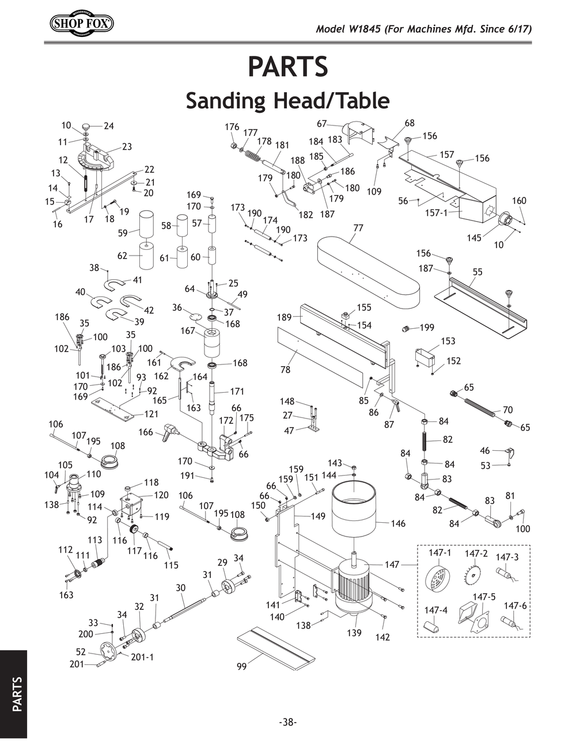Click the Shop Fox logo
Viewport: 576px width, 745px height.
[82, 24]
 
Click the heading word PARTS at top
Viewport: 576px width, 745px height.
[287, 66]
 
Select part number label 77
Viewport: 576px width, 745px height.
[358, 228]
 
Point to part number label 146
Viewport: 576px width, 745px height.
[398, 523]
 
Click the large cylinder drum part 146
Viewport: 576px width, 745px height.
[354, 507]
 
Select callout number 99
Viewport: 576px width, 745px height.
[242, 667]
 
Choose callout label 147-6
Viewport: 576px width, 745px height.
[515, 606]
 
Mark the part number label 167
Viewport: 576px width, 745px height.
[188, 330]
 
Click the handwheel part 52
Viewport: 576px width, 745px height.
[106, 653]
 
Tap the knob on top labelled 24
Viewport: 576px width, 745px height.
[86, 126]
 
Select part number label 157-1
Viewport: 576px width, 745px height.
[436, 212]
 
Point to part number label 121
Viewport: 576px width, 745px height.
[151, 414]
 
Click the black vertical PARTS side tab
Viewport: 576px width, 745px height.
[14, 694]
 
